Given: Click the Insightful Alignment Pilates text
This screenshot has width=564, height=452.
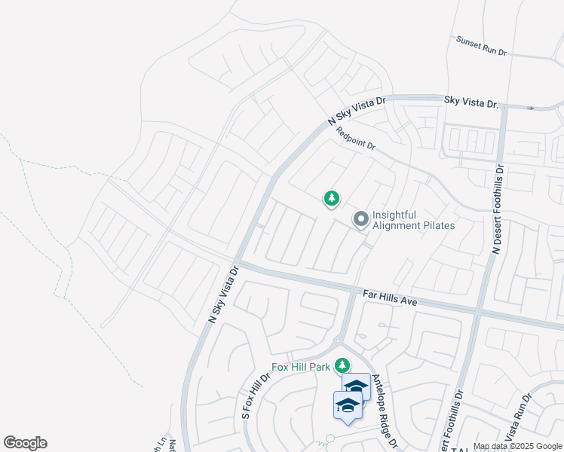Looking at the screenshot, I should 414,220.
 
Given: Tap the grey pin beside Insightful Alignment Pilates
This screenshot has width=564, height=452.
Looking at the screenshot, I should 361,219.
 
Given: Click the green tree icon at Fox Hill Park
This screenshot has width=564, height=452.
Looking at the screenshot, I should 343,366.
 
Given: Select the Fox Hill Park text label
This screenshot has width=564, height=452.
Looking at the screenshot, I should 301,368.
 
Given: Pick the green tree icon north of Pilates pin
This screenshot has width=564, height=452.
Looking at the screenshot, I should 331,199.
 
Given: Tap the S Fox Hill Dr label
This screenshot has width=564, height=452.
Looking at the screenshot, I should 256,395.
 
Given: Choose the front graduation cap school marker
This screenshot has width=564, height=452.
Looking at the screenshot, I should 348,405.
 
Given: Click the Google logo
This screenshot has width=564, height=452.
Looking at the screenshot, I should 25,443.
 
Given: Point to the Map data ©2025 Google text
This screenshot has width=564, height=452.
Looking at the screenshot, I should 517,446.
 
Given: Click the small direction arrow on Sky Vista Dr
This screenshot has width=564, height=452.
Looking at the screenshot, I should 530,108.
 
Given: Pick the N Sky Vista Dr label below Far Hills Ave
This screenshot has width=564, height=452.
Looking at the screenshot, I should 223,295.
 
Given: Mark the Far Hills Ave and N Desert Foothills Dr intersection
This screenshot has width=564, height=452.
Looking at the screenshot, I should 478,310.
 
